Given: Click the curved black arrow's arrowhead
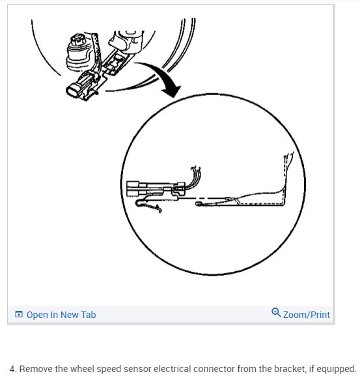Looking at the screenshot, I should pos(171,91).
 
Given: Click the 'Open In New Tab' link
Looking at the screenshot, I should pos(61,315).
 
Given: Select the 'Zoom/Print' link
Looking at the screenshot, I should pos(306,315).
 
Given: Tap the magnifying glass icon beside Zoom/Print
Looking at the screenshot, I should pos(276,313).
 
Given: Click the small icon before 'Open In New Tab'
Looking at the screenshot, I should pos(19,315).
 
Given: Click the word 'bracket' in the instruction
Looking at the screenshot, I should pos(273,368).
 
